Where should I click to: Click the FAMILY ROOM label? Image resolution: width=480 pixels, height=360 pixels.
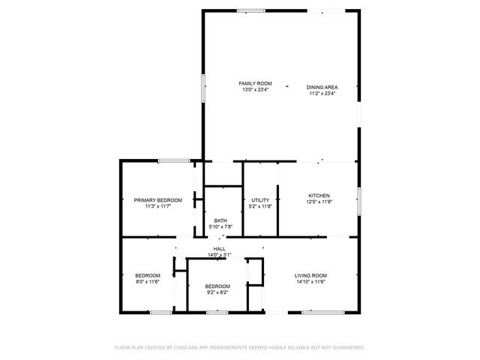(255, 83)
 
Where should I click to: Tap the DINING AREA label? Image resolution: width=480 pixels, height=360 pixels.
(321, 88)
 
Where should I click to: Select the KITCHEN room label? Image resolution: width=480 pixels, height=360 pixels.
(319, 195)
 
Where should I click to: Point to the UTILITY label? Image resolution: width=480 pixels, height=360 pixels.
(260, 200)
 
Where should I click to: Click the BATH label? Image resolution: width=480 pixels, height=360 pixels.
(220, 220)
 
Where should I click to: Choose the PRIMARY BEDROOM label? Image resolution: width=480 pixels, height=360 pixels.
(158, 200)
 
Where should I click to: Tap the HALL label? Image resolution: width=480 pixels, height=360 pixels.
(220, 249)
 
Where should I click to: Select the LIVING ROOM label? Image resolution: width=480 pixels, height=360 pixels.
(310, 275)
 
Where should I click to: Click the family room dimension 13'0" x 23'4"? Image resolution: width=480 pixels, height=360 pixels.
(255, 90)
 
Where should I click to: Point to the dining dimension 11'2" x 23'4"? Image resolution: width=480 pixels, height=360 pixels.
(321, 94)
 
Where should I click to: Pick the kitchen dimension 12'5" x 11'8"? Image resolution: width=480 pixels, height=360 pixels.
(319, 202)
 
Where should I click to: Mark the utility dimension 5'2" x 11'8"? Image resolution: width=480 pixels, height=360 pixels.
(260, 206)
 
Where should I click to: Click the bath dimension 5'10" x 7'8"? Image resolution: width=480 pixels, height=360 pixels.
(220, 227)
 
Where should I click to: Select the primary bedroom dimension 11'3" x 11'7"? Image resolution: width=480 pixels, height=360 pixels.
(158, 206)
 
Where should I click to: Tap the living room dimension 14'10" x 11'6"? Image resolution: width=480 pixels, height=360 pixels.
(310, 282)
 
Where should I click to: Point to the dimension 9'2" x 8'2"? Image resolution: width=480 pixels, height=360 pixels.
(217, 292)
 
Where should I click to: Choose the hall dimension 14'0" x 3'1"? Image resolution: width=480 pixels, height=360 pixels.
(220, 255)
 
